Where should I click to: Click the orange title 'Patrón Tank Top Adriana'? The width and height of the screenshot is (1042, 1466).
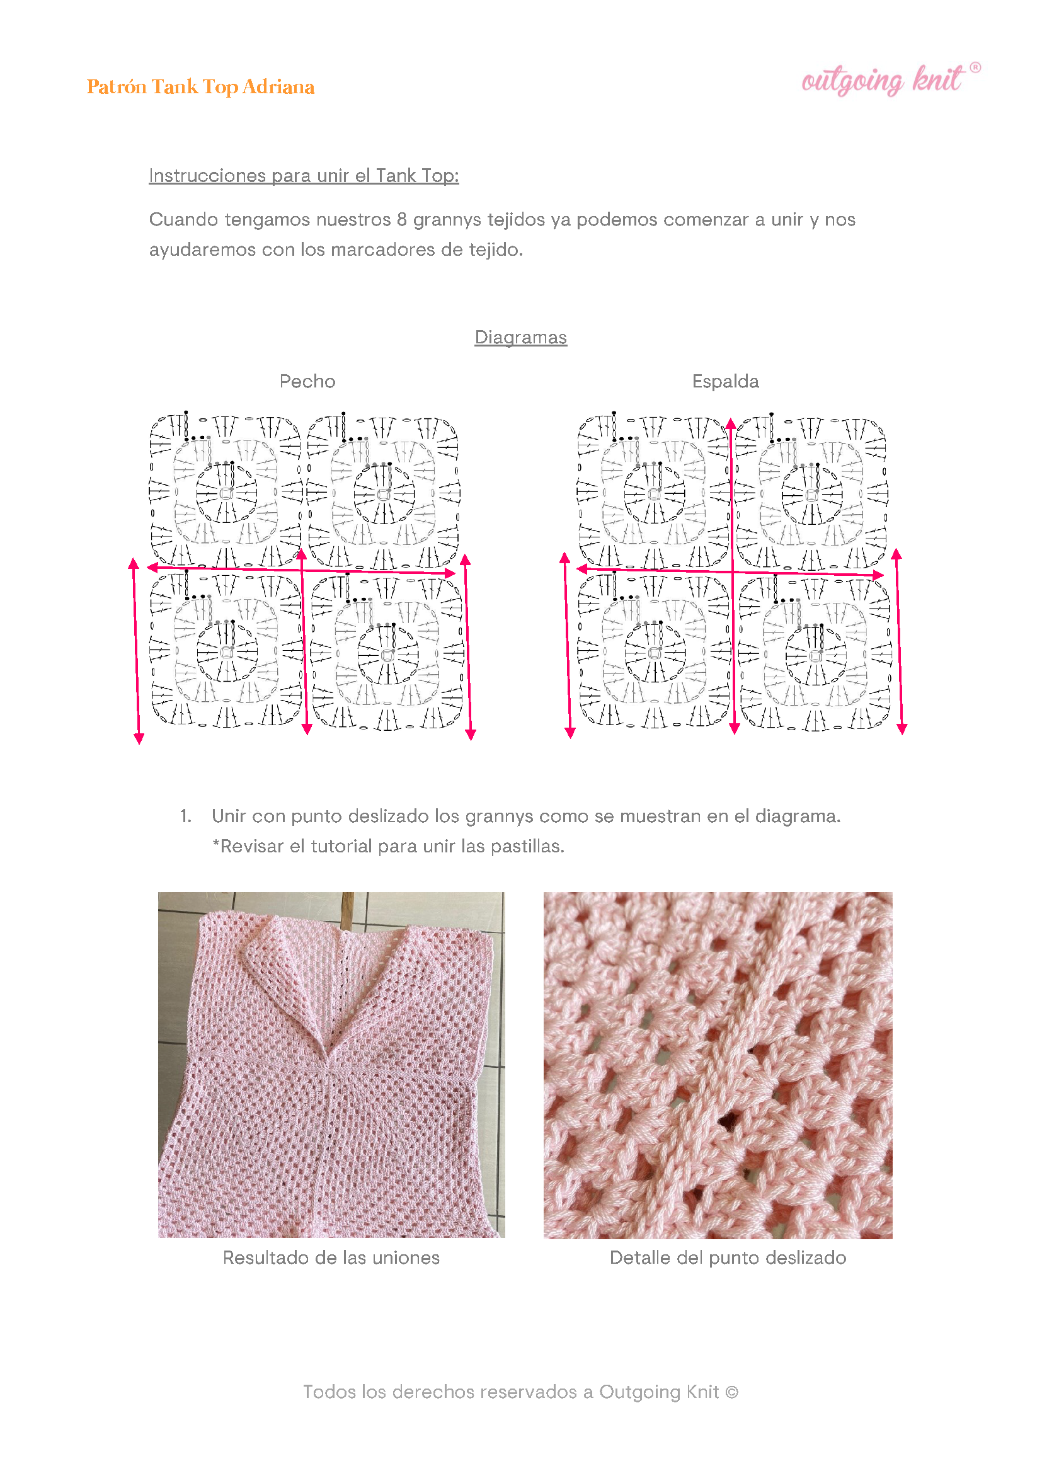click(200, 86)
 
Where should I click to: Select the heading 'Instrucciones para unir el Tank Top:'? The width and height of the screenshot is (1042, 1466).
click(304, 176)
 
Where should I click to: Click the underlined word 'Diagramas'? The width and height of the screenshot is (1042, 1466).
click(520, 337)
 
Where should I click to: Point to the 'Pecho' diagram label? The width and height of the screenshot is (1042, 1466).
click(307, 381)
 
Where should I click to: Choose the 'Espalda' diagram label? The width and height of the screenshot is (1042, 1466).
click(725, 381)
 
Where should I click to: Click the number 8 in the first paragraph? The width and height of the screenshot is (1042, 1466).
click(402, 219)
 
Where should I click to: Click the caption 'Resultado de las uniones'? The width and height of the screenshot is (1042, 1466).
click(331, 1257)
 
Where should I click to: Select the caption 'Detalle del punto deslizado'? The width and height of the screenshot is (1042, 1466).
click(728, 1257)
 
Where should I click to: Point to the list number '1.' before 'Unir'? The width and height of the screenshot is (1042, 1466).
click(185, 816)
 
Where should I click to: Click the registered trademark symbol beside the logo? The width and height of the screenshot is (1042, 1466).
click(975, 67)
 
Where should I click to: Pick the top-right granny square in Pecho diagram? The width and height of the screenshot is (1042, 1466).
click(383, 491)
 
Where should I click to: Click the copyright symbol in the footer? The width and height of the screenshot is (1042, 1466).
click(731, 1392)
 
